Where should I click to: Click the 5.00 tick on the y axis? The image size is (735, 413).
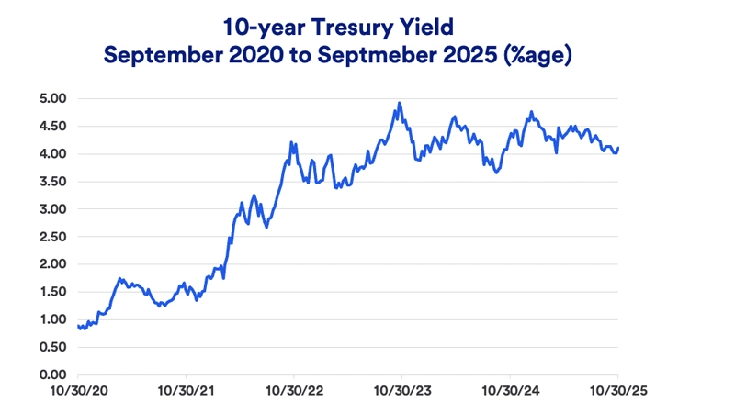point(51,98)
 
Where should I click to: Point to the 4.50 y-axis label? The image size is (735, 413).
point(51,126)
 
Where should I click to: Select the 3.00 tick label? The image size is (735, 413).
point(51,208)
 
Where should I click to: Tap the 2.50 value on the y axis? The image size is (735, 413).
point(51,237)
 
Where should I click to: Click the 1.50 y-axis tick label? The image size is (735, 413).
point(51,292)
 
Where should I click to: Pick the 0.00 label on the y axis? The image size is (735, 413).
point(51,374)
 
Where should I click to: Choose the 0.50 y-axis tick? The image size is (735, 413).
point(51,347)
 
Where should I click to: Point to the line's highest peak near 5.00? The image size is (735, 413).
point(400,103)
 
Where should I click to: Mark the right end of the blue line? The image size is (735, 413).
point(618,147)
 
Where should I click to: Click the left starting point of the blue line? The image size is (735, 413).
point(78,325)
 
